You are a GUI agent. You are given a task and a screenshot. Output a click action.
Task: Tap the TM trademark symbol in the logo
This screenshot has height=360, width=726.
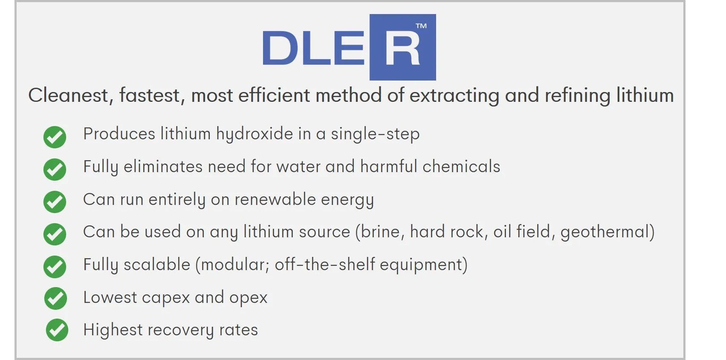click(421, 26)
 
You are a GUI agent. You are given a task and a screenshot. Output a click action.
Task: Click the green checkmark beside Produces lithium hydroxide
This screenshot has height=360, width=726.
click(55, 137)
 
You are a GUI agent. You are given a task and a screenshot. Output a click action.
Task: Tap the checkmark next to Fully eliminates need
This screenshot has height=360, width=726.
click(55, 169)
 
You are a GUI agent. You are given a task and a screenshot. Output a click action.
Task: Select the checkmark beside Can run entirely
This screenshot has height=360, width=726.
click(55, 202)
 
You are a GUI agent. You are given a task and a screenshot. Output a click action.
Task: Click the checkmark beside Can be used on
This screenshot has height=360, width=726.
click(55, 234)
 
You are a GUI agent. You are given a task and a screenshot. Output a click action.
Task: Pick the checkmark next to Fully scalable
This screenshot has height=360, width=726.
click(55, 267)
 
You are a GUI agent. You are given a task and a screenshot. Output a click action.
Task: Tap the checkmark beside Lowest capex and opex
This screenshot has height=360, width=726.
click(55, 298)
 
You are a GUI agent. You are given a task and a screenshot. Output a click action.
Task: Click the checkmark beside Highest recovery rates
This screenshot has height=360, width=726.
click(57, 330)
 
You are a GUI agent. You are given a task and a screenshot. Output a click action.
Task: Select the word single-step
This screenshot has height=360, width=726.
click(375, 134)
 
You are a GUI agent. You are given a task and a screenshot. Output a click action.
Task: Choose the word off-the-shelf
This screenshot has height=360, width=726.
click(325, 265)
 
